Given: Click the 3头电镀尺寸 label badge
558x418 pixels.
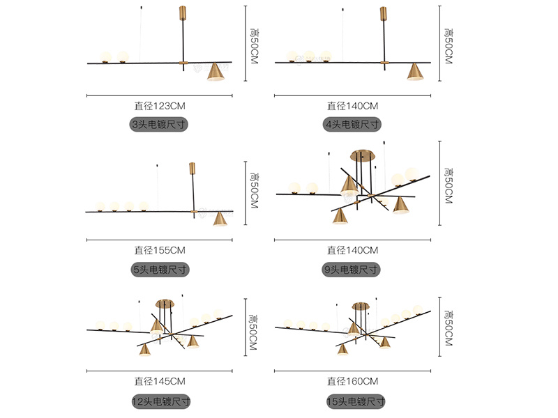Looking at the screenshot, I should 160,125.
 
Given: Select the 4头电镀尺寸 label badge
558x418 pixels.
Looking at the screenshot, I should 352,125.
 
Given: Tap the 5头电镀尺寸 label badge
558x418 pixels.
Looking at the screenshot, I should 160,269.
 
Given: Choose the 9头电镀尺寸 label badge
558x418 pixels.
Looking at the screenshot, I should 352,269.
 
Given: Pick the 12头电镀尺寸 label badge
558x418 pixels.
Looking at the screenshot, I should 160,401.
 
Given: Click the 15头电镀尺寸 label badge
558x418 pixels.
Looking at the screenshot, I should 355,401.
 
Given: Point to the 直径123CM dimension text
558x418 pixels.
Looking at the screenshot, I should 160,107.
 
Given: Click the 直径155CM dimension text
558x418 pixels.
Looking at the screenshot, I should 160,250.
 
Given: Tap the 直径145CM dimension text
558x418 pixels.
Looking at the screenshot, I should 160,381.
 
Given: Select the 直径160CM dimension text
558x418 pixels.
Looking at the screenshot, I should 352,381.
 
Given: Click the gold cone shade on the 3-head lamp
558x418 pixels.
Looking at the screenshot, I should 217,72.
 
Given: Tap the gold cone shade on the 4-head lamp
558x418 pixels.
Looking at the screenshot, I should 416,72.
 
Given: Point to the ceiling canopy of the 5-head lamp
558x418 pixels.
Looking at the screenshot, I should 193,169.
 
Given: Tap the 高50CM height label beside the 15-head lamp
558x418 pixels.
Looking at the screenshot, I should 448,326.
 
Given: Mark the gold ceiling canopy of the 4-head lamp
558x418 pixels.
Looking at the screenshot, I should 383,14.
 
